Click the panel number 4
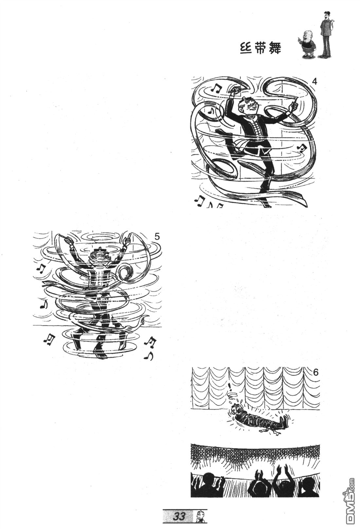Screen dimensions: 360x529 [x=314, y=82]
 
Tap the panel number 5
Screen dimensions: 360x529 [x=157, y=236]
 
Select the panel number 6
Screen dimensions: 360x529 [x=315, y=373]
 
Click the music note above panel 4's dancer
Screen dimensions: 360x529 [x=216, y=88]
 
